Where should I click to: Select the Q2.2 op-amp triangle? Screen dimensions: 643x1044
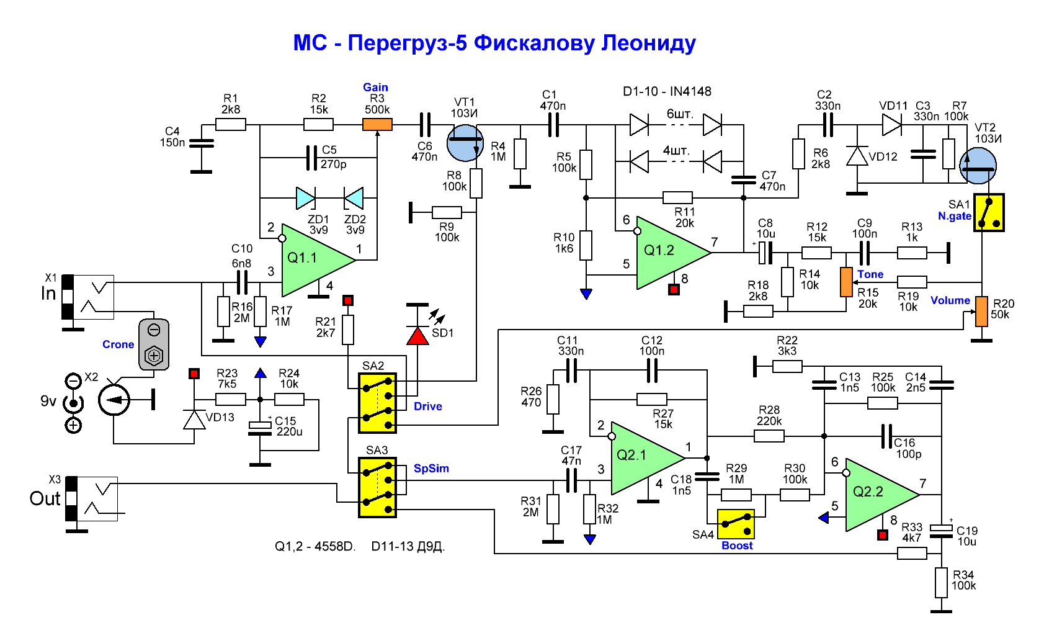877,495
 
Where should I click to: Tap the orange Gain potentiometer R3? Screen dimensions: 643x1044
377,125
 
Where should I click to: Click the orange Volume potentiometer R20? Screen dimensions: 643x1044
981,311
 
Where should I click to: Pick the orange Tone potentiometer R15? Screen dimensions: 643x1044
846,282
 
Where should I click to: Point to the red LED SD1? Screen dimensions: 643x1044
417,336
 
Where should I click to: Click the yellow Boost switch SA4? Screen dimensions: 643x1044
736,524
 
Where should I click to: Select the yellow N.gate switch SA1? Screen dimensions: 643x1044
989,213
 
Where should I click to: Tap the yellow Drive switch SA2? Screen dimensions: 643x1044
378,403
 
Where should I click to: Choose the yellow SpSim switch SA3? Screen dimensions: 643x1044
377,488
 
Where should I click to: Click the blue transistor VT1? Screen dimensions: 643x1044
465,143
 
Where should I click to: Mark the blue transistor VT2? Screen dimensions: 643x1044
978,166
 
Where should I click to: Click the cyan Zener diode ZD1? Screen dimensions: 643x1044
305,199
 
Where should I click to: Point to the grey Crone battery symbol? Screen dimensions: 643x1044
154,344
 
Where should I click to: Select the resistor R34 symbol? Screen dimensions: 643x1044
941,583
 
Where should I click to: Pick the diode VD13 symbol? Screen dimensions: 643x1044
195,420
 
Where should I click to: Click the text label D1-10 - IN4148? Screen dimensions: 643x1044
667,92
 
